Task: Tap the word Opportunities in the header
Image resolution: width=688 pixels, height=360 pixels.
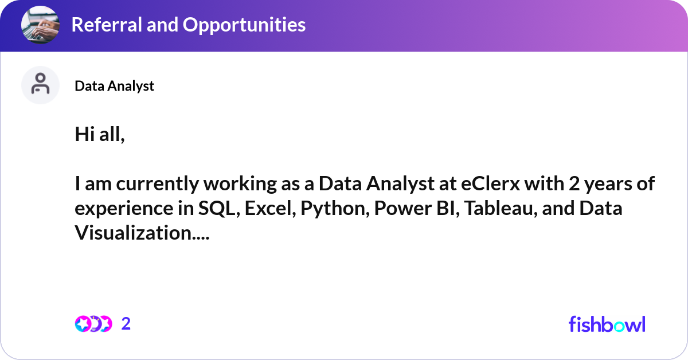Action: pos(244,25)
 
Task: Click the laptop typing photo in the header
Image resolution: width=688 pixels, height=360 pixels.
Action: pos(40,25)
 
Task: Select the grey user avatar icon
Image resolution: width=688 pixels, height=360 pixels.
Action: pos(40,85)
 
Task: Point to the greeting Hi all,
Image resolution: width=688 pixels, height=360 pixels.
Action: pos(100,134)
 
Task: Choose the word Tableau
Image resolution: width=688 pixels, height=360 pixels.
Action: pos(501,208)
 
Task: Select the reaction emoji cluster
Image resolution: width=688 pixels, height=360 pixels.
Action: pos(93,324)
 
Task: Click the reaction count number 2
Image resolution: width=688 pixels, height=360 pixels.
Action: pos(126,324)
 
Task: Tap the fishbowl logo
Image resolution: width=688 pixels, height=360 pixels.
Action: pos(607,324)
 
